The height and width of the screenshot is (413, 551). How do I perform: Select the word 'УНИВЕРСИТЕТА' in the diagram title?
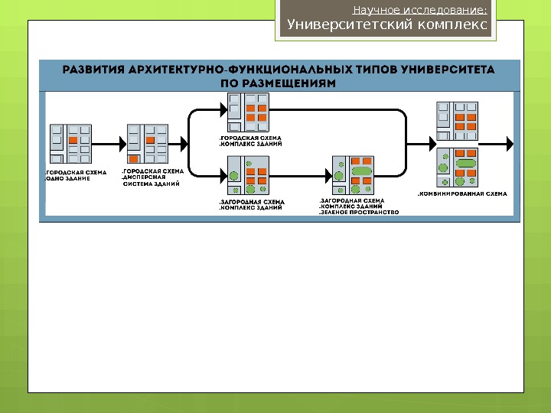pos(452,67)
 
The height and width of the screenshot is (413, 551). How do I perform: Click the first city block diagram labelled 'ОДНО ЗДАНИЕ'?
pos(70,143)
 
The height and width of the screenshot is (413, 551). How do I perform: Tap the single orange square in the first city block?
pos(73,141)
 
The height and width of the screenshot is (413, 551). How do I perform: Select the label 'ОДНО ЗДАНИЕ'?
pos(69,180)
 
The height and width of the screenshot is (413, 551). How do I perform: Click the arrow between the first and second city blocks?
pos(107,142)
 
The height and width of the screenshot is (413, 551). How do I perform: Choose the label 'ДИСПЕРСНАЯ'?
pos(145,177)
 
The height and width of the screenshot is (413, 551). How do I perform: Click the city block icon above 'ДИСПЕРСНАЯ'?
pos(145,144)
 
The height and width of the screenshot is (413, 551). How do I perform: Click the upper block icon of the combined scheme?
pos(456,122)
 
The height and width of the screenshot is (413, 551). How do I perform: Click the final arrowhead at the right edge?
pos(510,142)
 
